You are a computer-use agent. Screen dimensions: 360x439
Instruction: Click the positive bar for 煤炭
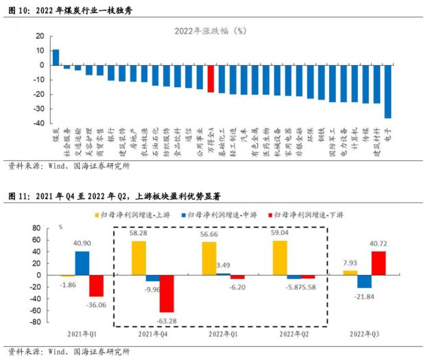[56, 57]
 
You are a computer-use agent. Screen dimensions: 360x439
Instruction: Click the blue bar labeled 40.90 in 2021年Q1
[82, 263]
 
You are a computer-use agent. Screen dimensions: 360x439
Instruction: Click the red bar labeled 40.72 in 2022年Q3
[378, 263]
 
